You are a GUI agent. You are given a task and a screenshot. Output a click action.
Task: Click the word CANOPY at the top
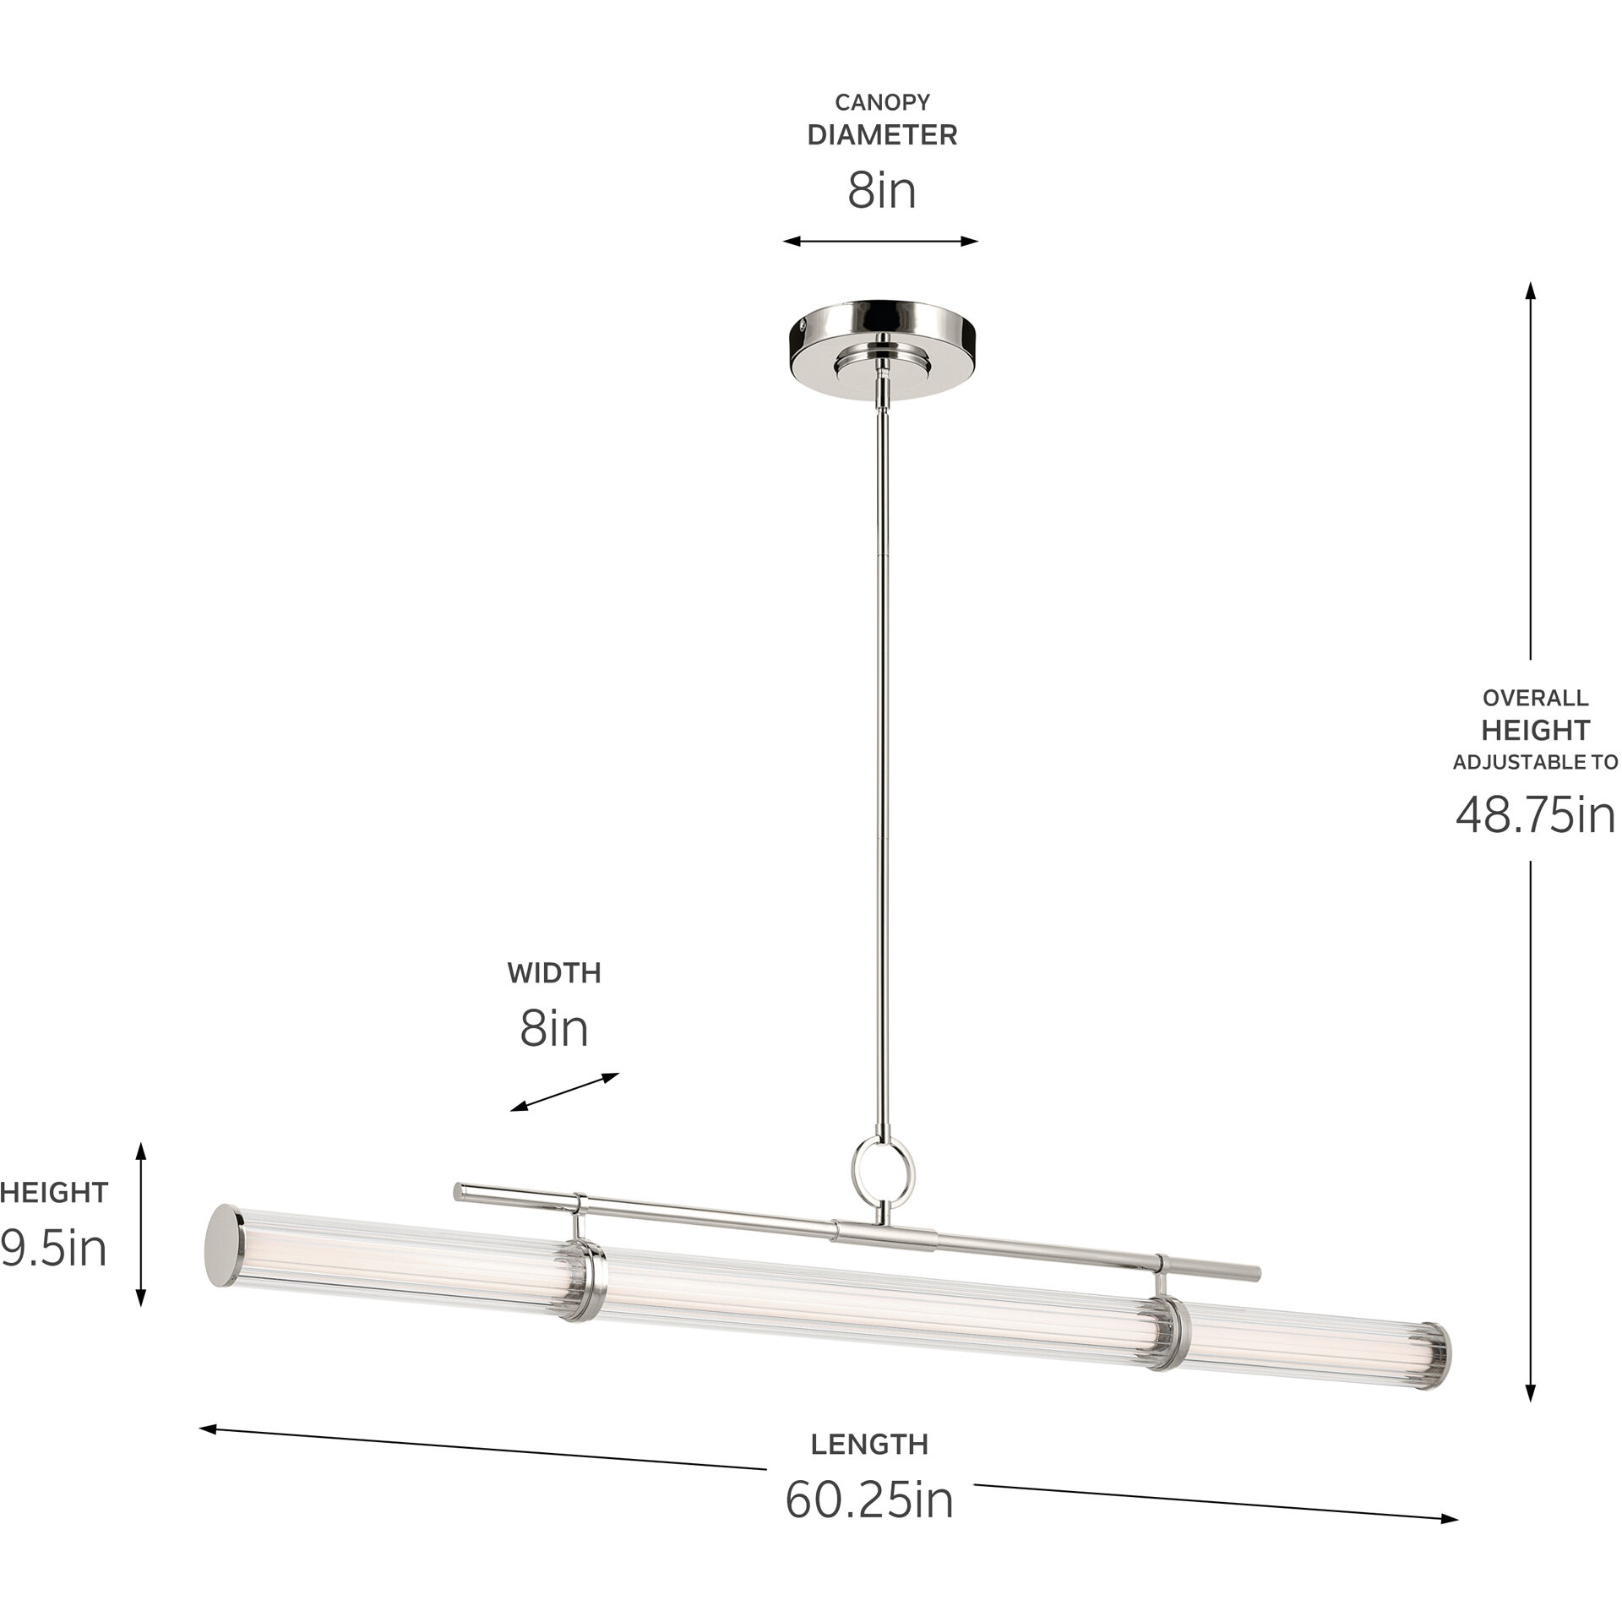click(882, 102)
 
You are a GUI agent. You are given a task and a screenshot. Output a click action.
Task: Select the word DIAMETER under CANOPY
click(882, 135)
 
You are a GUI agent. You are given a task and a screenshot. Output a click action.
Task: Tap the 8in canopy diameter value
click(882, 191)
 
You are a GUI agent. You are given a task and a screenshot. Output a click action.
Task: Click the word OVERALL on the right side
click(1536, 698)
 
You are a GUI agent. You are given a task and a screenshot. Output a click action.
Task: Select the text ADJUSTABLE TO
click(1536, 762)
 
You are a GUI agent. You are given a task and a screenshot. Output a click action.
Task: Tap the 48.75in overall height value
click(1536, 816)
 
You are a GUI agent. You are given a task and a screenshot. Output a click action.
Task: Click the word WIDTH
click(554, 972)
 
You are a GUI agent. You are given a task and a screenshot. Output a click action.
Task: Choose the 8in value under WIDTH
click(554, 1028)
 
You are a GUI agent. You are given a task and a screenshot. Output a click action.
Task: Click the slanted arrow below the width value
click(565, 1091)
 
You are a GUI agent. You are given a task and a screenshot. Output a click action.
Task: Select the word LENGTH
click(869, 1444)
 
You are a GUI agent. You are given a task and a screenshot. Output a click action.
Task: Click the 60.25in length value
click(869, 1500)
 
